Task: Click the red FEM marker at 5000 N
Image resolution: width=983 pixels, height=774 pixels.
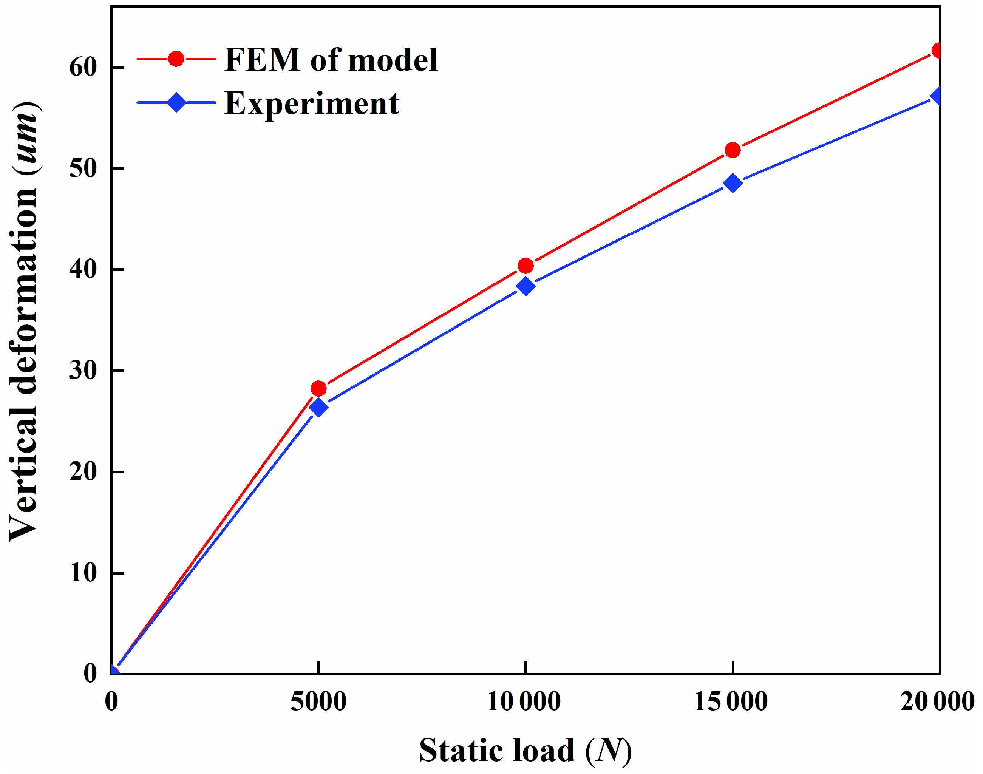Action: tap(318, 388)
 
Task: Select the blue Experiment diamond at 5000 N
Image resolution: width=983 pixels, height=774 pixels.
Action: tap(318, 407)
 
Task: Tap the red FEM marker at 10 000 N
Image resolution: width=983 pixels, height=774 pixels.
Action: tap(526, 266)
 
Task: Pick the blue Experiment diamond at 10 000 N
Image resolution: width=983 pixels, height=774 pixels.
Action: tap(526, 286)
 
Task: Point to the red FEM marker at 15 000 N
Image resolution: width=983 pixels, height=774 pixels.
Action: tap(733, 150)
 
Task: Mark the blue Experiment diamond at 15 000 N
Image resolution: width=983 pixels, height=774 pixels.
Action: tap(733, 183)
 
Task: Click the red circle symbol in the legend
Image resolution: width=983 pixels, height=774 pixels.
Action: tap(176, 59)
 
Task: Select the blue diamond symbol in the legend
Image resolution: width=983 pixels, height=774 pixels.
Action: tap(176, 102)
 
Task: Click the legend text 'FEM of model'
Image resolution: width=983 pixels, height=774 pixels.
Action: tap(331, 60)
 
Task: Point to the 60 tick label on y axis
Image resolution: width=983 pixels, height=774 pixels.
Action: tap(83, 68)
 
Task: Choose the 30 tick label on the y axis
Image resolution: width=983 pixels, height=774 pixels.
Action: tap(83, 371)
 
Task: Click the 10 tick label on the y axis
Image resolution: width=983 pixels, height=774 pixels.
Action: tap(83, 573)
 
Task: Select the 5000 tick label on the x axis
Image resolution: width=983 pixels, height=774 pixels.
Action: tap(318, 701)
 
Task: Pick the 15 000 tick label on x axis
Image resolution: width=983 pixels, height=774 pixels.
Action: tap(731, 701)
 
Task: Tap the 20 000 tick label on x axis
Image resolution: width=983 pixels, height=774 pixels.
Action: tap(937, 701)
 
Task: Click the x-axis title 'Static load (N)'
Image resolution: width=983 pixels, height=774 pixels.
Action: tap(525, 751)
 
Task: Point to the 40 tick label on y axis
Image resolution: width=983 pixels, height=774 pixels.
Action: tap(83, 270)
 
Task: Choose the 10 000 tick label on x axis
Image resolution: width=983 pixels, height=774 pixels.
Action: tap(524, 701)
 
